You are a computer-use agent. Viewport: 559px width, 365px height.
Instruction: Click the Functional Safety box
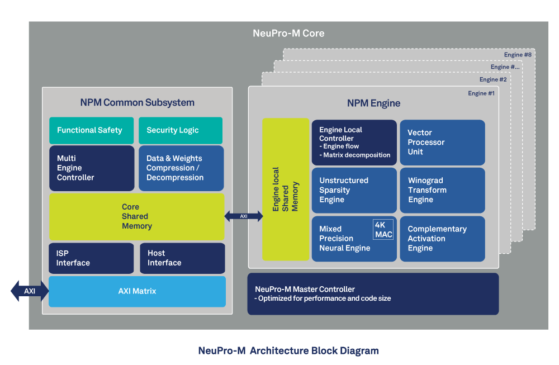91,130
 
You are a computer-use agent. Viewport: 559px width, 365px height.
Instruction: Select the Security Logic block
180,130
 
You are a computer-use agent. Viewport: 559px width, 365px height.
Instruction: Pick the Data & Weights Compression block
181,168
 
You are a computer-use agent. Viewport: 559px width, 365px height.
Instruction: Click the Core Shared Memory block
136,216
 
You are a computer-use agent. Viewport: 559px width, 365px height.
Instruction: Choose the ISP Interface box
91,258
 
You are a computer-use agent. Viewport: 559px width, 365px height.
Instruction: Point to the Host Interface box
182,258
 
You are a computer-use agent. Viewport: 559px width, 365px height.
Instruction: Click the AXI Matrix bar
137,291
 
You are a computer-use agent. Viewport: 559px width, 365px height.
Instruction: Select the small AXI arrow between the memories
244,216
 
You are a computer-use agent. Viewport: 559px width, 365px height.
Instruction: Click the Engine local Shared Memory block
286,189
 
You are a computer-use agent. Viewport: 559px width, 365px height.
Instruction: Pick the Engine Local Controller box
354,143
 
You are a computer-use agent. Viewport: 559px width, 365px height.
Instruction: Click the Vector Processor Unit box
442,143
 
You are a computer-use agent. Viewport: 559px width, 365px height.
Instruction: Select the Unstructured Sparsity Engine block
354,190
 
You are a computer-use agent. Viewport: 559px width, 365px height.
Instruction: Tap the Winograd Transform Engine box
442,190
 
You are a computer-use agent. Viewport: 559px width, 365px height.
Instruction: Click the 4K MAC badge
383,230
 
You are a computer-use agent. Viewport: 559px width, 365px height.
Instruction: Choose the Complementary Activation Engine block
442,239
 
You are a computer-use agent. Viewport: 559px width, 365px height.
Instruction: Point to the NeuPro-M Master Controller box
373,294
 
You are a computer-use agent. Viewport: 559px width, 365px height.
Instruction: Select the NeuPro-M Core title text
288,34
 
